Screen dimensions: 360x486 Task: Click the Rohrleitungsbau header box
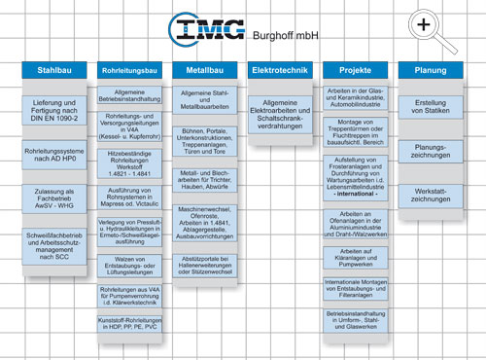(129, 71)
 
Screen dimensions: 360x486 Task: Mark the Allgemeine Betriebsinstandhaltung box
(129, 94)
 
